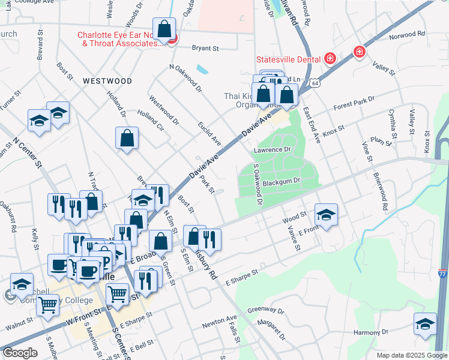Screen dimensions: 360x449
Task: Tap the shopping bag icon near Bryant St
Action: [164, 28]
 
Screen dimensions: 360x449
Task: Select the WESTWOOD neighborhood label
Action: [107, 80]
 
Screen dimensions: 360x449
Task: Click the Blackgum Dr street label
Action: [281, 182]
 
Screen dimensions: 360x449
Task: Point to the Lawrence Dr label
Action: [272, 149]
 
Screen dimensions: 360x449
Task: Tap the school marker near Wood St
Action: [325, 215]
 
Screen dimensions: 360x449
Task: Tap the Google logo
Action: [19, 353]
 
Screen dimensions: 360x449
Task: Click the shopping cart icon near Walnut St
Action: [47, 305]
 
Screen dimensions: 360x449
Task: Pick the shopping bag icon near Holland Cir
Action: [127, 138]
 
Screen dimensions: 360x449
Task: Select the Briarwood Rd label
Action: [379, 191]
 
